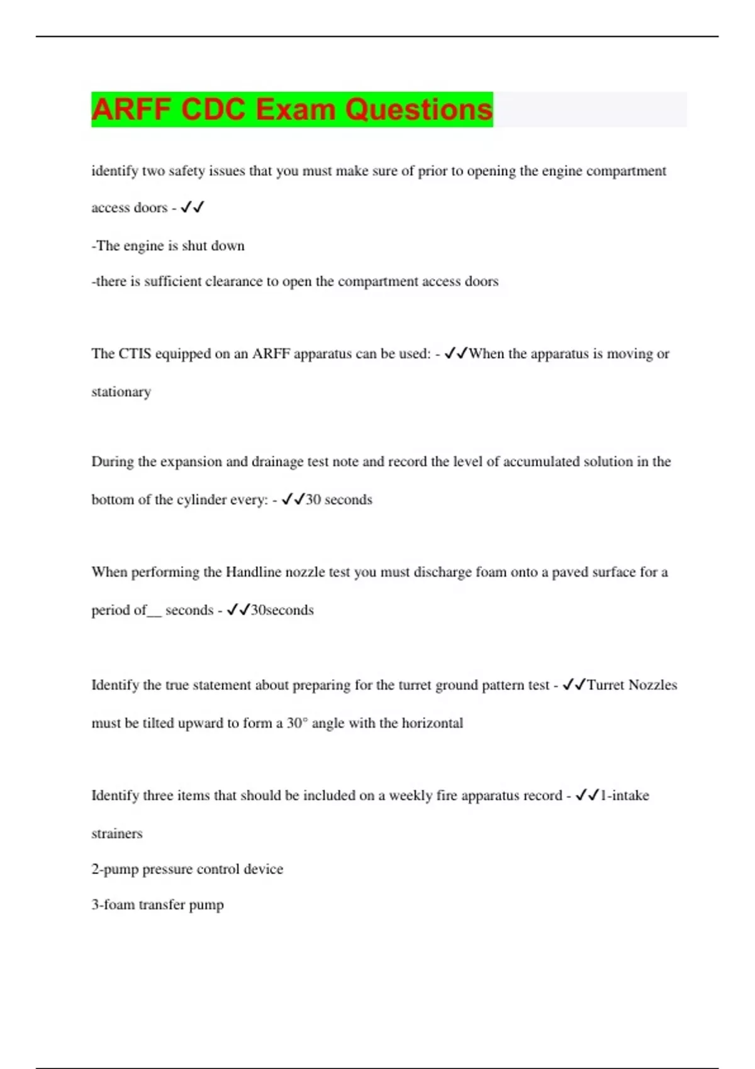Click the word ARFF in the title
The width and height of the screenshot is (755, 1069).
coord(131,109)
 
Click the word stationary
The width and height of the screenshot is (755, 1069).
coord(121,392)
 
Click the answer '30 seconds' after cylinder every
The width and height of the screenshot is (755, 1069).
coord(338,500)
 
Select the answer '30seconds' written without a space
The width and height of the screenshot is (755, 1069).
coord(282,610)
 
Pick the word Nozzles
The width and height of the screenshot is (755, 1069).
coord(652,685)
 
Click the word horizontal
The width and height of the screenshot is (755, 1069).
coord(432,723)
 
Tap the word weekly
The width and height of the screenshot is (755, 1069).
coord(410,796)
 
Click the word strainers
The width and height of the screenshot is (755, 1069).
coord(117,834)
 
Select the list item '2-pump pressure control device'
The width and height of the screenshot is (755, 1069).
coord(187,870)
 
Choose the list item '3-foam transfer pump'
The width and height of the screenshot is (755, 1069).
coord(157,906)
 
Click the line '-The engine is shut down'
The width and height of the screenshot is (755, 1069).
coord(168,246)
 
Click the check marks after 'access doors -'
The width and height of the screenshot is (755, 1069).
coord(192,208)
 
